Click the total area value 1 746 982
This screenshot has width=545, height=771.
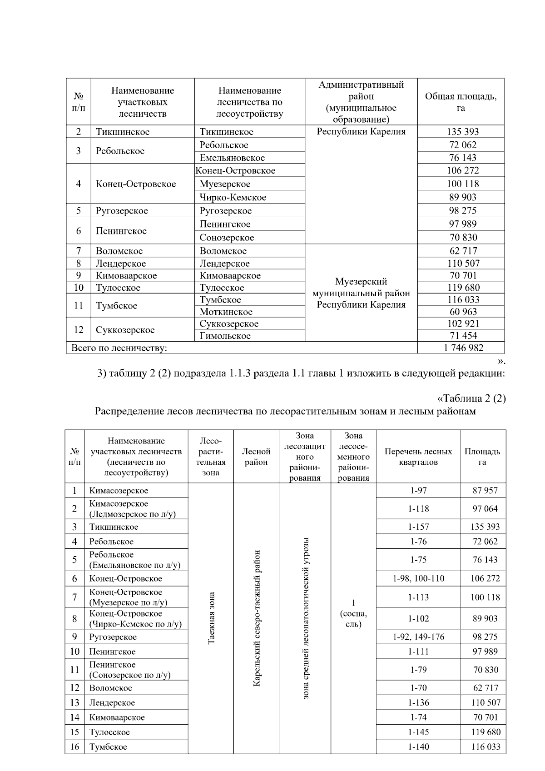pos(463,348)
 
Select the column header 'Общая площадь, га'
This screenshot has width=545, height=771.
pos(461,102)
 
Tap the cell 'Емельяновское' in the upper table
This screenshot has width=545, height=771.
pos(232,158)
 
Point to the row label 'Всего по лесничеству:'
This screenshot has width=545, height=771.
pos(119,348)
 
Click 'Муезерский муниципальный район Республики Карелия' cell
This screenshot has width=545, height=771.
pos(361,293)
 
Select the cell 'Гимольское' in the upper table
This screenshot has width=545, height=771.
pos(225,336)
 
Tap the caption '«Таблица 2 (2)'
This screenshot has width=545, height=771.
pos(471,398)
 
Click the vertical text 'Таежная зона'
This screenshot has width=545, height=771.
pos(211,617)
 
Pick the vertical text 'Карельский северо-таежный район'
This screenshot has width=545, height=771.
pos(257,617)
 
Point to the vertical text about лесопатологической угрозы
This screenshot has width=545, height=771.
pos(306,617)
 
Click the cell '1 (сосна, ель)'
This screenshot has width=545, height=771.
pos(353,613)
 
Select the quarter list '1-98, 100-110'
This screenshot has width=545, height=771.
pos(418,578)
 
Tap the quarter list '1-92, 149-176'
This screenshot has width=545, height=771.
pos(418,637)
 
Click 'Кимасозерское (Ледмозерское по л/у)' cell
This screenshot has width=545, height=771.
pos(132,509)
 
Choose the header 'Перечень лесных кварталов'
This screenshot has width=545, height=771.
pos(418,457)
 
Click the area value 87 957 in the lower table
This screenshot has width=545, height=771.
pos(485,491)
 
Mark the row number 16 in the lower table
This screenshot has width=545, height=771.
pos(74,746)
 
